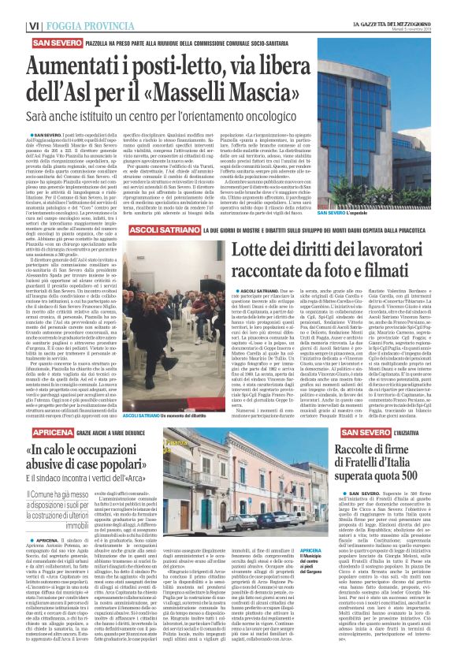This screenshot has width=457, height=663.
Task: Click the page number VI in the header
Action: click(13, 26)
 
